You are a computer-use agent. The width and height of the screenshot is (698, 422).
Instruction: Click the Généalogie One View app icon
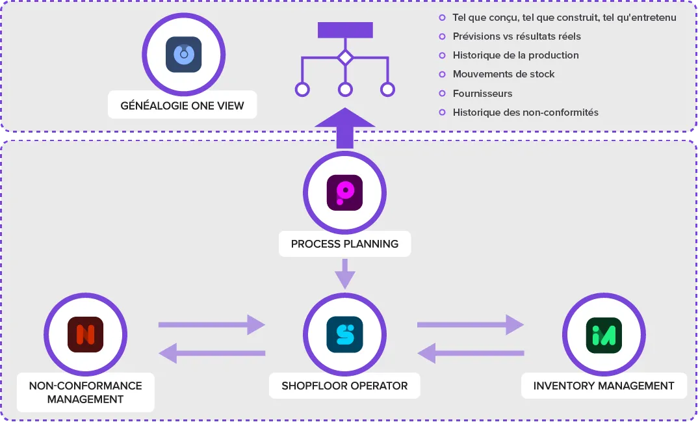coord(183,55)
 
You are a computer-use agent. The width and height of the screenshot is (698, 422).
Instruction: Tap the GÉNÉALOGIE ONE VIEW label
coord(182,105)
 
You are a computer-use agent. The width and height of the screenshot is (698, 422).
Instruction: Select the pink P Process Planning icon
coord(344,192)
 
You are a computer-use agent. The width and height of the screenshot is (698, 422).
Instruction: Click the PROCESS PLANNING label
coord(344,244)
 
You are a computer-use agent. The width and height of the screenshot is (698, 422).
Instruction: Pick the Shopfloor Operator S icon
coord(344,334)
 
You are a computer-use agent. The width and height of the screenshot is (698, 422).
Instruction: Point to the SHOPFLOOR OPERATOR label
coord(344,386)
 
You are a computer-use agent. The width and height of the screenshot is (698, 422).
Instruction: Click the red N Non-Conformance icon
coord(86,334)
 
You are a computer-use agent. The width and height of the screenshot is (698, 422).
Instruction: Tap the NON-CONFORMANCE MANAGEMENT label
coord(86,392)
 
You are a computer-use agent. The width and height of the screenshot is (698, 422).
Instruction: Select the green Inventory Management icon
coord(604,336)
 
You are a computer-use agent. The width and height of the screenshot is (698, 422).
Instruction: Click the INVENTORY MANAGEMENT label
coord(604,386)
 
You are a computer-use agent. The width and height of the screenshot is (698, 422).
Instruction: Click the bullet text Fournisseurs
coord(482,94)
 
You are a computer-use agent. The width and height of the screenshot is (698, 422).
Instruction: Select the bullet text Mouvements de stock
coord(504,74)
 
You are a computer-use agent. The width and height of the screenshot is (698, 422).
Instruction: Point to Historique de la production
coord(515,55)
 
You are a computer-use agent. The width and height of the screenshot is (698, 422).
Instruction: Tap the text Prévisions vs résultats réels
coord(517,36)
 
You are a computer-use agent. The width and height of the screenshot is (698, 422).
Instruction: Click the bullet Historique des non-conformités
coord(525,112)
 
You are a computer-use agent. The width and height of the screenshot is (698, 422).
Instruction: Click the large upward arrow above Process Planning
coord(345,128)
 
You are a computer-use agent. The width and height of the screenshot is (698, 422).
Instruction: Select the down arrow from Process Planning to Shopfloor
coord(345,274)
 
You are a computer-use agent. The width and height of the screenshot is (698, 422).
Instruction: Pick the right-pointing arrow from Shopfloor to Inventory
coord(471,325)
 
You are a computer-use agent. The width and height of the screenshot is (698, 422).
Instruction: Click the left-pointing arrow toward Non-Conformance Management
coord(212,354)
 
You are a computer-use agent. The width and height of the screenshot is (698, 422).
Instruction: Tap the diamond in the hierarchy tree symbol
coord(346,57)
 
